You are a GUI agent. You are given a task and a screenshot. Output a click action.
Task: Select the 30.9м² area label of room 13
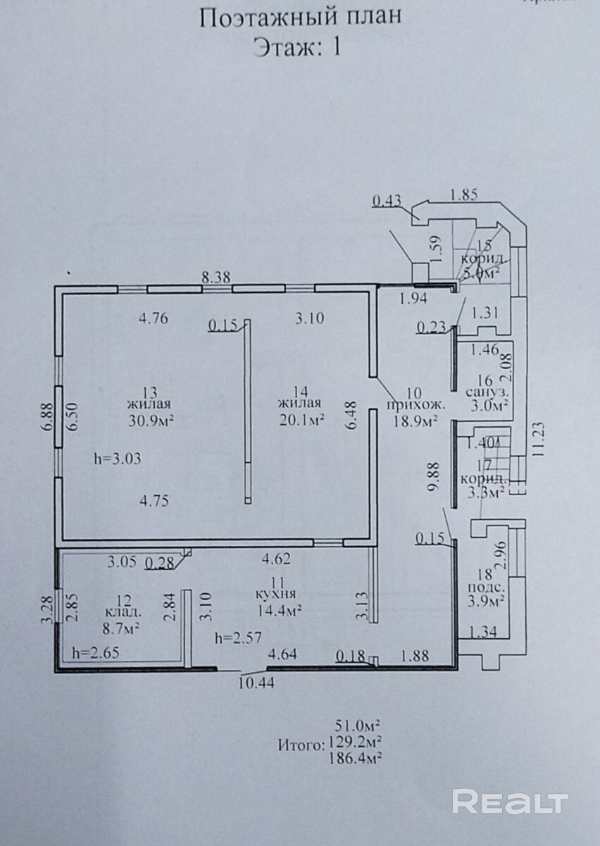pyautogui.click(x=151, y=421)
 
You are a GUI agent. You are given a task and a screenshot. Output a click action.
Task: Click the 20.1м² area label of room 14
pyautogui.click(x=301, y=421)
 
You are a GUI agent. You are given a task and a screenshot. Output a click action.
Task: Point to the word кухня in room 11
pyautogui.click(x=277, y=592)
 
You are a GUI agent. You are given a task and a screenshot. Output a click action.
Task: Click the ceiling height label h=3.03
pyautogui.click(x=118, y=459)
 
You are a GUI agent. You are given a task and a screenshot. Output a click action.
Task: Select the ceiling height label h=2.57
pyautogui.click(x=239, y=638)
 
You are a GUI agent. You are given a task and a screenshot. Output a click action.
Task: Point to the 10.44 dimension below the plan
pyautogui.click(x=256, y=683)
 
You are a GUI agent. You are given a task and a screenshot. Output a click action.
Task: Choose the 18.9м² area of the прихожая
pyautogui.click(x=415, y=421)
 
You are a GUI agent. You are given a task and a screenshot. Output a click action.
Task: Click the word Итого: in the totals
pyautogui.click(x=301, y=743)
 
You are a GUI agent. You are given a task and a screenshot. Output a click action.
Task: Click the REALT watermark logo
pyautogui.click(x=510, y=802)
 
